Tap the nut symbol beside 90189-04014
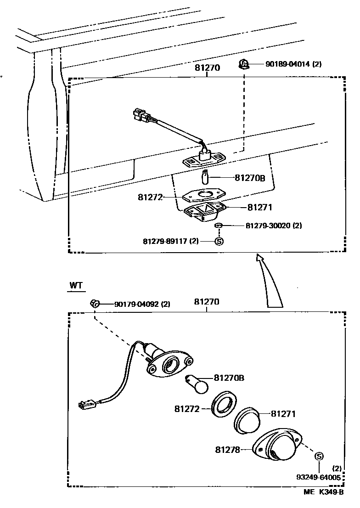pyautogui.click(x=244, y=63)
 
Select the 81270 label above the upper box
pyautogui.click(x=207, y=68)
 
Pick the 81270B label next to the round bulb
pyautogui.click(x=229, y=378)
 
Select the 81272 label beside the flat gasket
pyautogui.click(x=151, y=197)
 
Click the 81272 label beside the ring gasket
pyautogui.click(x=187, y=408)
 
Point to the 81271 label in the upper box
pyautogui.click(x=259, y=208)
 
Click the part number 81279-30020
pyautogui.click(x=268, y=226)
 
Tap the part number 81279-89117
pyautogui.click(x=165, y=241)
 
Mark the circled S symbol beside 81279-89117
pyautogui.click(x=219, y=241)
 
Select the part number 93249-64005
pyautogui.click(x=319, y=478)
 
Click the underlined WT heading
pyautogui.click(x=76, y=285)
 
